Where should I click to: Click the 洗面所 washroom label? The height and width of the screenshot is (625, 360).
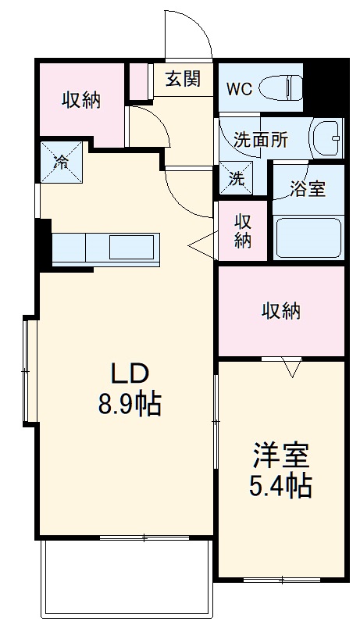tap(261, 140)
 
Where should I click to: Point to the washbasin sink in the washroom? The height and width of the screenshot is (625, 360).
tap(326, 139)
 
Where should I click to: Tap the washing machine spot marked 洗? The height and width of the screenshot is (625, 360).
tap(237, 177)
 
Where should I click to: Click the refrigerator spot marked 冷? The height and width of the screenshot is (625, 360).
tap(61, 162)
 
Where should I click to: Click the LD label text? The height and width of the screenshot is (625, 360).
tap(129, 374)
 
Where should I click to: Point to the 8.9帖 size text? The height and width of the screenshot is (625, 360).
tap(129, 404)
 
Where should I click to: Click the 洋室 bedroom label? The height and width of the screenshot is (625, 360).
tap(280, 455)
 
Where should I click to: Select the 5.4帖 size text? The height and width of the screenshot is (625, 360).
tap(280, 486)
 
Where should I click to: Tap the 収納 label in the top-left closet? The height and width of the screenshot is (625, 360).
tap(81, 100)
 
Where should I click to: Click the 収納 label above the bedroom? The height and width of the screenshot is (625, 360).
tap(280, 310)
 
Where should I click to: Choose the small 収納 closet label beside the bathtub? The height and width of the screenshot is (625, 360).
tap(244, 230)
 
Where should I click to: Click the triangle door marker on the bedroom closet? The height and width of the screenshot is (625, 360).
tap(292, 366)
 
